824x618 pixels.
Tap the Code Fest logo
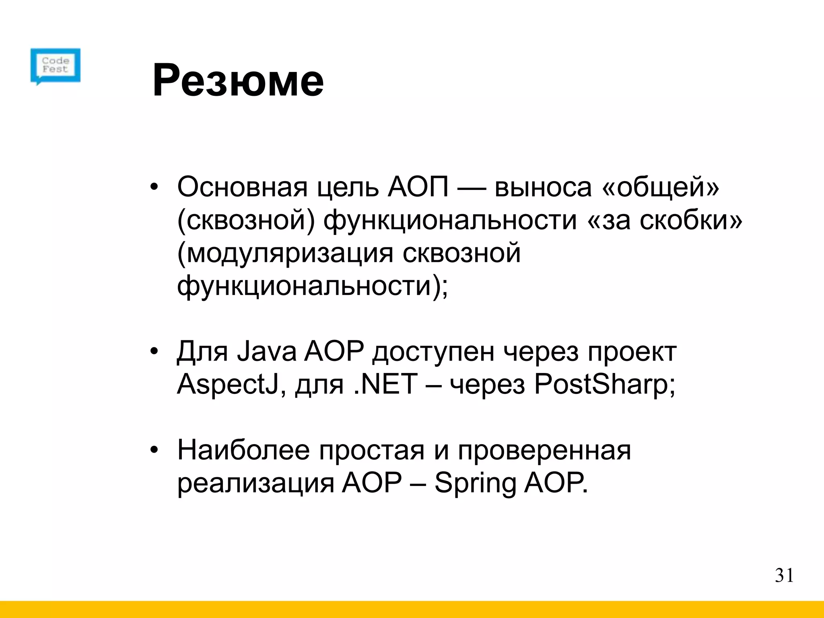point(56,66)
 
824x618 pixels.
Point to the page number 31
point(784,576)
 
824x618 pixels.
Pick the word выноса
point(543,187)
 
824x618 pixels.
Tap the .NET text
point(385,384)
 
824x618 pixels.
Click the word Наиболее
point(243,450)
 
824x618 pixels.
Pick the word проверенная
point(544,450)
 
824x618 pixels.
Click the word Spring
point(475,483)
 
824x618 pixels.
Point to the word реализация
point(255,483)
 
